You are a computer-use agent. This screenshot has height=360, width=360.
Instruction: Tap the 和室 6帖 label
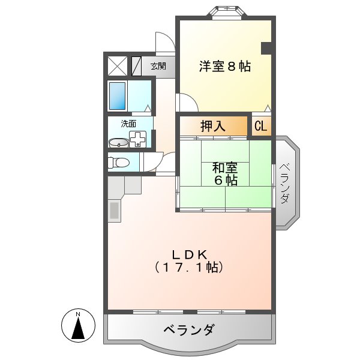(223, 173)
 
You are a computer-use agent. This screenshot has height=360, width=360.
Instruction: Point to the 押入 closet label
(212, 126)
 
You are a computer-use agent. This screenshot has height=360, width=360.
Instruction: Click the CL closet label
(261, 126)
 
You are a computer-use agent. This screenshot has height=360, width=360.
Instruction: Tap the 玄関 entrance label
(158, 66)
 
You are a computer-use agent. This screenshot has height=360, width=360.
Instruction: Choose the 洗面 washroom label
(128, 124)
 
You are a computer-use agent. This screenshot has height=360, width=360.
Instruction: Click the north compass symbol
(78, 327)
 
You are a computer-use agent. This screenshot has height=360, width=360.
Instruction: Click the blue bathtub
(117, 95)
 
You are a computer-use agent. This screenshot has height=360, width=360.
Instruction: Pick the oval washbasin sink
(118, 143)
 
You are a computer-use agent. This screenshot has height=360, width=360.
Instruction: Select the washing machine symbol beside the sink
(138, 140)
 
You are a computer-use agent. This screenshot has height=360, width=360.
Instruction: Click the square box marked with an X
(116, 66)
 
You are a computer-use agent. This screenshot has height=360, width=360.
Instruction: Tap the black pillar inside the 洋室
(266, 47)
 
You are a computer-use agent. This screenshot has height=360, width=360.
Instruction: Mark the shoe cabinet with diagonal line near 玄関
(136, 66)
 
